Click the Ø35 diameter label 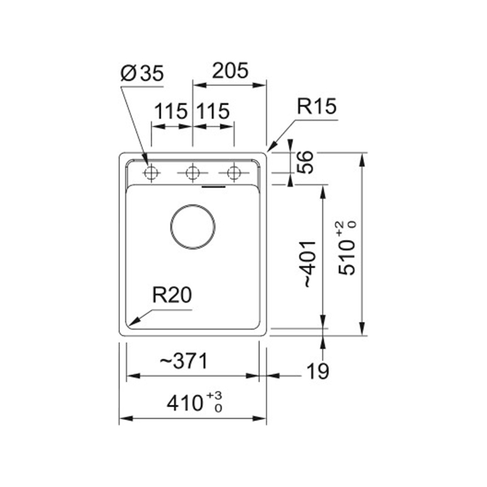[x=142, y=74]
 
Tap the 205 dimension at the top [x=230, y=71]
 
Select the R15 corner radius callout [x=317, y=106]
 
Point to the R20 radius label [x=172, y=295]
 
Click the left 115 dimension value [x=171, y=111]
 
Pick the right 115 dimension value [x=214, y=111]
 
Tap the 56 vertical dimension [x=305, y=162]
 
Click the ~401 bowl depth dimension [x=310, y=264]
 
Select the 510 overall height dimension [x=346, y=248]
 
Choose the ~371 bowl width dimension [x=183, y=361]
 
